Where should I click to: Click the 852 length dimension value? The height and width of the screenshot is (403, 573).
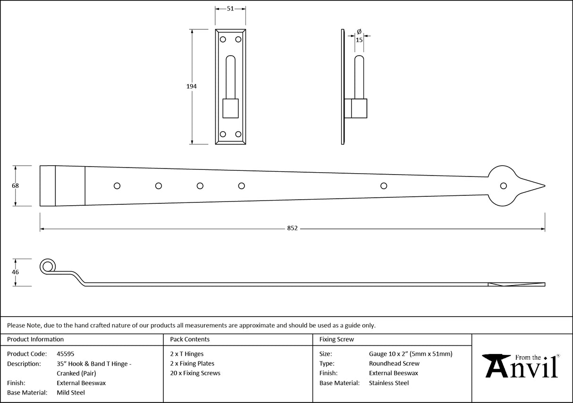coord(292,228)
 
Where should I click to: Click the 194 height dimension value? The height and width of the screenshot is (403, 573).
coord(191,86)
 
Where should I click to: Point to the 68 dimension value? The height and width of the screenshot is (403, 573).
coord(15,185)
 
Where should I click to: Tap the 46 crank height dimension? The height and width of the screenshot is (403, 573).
coord(15,272)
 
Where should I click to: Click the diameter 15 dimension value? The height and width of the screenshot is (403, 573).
coord(359,40)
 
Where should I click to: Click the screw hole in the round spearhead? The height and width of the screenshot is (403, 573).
coord(504,185)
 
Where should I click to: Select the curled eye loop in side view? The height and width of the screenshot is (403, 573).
coord(47,267)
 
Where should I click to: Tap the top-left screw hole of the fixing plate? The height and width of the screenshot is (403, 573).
coord(223,40)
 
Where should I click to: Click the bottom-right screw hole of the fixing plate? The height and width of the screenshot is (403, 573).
coord(238,134)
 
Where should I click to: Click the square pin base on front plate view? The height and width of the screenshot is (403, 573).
coord(230,108)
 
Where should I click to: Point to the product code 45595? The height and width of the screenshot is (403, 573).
coord(65,353)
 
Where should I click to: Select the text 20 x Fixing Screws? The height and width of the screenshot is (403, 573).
coord(195,373)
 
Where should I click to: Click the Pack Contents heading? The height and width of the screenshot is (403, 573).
coord(190,339)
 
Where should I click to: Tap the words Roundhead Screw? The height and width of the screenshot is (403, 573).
coord(394,363)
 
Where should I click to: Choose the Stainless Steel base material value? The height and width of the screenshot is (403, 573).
coord(388,383)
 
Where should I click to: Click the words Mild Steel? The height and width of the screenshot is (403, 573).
coord(71,393)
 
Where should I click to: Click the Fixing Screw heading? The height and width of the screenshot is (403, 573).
coord(336,339)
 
